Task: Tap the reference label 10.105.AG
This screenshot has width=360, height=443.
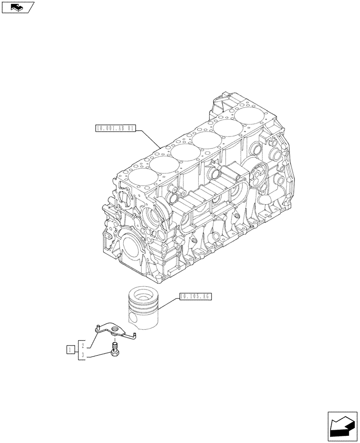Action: (x=196, y=296)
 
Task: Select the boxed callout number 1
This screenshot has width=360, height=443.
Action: (x=70, y=350)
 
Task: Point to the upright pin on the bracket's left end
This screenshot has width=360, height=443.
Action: (x=97, y=327)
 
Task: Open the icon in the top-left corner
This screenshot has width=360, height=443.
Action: (x=18, y=7)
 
